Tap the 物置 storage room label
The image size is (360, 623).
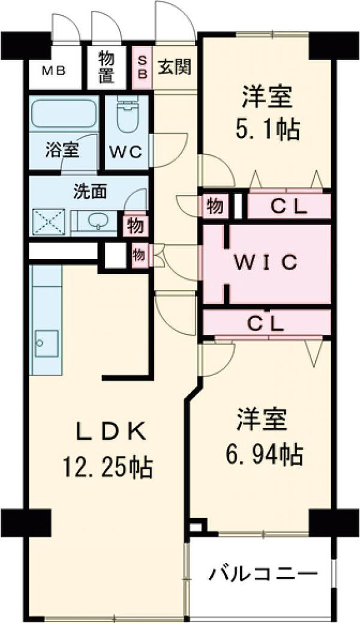(107, 68)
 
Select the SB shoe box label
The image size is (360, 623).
(142, 68)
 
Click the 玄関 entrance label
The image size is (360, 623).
(175, 67)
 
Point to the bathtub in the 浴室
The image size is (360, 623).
(63, 114)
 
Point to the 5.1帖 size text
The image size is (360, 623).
(267, 131)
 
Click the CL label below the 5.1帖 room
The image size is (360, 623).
(290, 206)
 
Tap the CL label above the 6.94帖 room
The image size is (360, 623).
(265, 323)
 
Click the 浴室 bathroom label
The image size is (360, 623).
(62, 151)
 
